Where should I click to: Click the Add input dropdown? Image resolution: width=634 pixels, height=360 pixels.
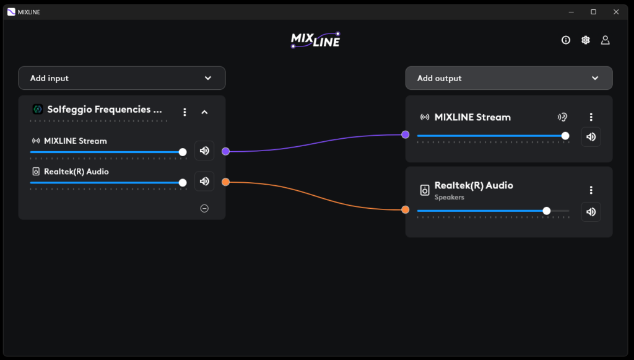pyautogui.click(x=121, y=78)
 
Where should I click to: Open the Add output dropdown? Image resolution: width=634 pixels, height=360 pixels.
pyautogui.click(x=508, y=78)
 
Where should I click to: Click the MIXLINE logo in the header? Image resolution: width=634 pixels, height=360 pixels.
pyautogui.click(x=316, y=40)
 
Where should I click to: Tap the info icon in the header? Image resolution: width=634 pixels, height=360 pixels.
pyautogui.click(x=566, y=40)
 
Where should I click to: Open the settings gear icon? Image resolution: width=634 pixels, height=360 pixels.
pyautogui.click(x=586, y=40)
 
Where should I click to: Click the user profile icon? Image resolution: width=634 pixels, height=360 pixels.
pyautogui.click(x=606, y=40)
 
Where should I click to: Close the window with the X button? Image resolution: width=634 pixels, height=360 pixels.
pyautogui.click(x=616, y=12)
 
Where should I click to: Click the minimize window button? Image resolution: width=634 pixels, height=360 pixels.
pyautogui.click(x=571, y=12)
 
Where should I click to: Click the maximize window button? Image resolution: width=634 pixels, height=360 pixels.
pyautogui.click(x=593, y=12)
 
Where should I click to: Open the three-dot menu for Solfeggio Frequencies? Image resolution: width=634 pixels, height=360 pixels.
pyautogui.click(x=185, y=112)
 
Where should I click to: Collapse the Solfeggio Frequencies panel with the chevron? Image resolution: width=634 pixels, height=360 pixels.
pyautogui.click(x=205, y=112)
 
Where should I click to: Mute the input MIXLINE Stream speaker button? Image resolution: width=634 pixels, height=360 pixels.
pyautogui.click(x=204, y=151)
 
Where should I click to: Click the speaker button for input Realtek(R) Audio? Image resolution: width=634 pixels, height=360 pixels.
pyautogui.click(x=204, y=182)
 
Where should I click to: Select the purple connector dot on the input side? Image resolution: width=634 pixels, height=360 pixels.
pyautogui.click(x=225, y=151)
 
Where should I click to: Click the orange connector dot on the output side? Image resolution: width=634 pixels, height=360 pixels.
pyautogui.click(x=405, y=210)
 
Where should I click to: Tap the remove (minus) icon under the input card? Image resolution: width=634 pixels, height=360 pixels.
pyautogui.click(x=204, y=208)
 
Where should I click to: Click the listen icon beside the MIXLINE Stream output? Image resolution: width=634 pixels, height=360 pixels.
pyautogui.click(x=562, y=117)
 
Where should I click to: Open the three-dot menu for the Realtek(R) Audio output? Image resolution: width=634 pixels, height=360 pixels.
pyautogui.click(x=591, y=190)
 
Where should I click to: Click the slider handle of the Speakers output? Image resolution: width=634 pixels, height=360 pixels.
pyautogui.click(x=547, y=211)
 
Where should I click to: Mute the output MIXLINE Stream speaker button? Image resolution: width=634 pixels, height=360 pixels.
pyautogui.click(x=591, y=137)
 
